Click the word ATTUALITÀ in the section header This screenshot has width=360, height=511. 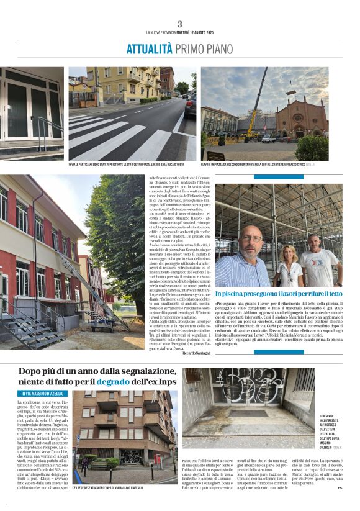(149, 49)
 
